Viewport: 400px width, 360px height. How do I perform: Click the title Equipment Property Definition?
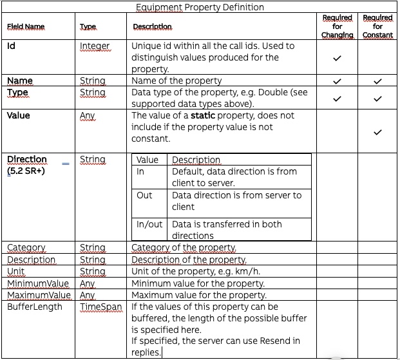(200, 7)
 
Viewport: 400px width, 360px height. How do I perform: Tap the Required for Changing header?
(337, 26)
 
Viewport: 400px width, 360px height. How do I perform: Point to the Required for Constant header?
(377, 26)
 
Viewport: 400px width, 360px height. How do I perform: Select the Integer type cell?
(95, 46)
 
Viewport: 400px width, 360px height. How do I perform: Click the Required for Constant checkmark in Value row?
(377, 132)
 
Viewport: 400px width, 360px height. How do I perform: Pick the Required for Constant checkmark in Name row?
(377, 82)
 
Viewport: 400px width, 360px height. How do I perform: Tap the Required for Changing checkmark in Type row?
(337, 99)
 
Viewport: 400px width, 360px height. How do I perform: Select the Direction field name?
(27, 159)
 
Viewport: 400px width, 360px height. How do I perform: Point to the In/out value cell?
(149, 225)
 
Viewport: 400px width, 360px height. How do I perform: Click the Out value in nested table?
(144, 195)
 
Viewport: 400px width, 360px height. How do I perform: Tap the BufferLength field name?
(35, 307)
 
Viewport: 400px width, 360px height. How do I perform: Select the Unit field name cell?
(17, 272)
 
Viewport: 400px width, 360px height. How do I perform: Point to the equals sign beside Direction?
(65, 164)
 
